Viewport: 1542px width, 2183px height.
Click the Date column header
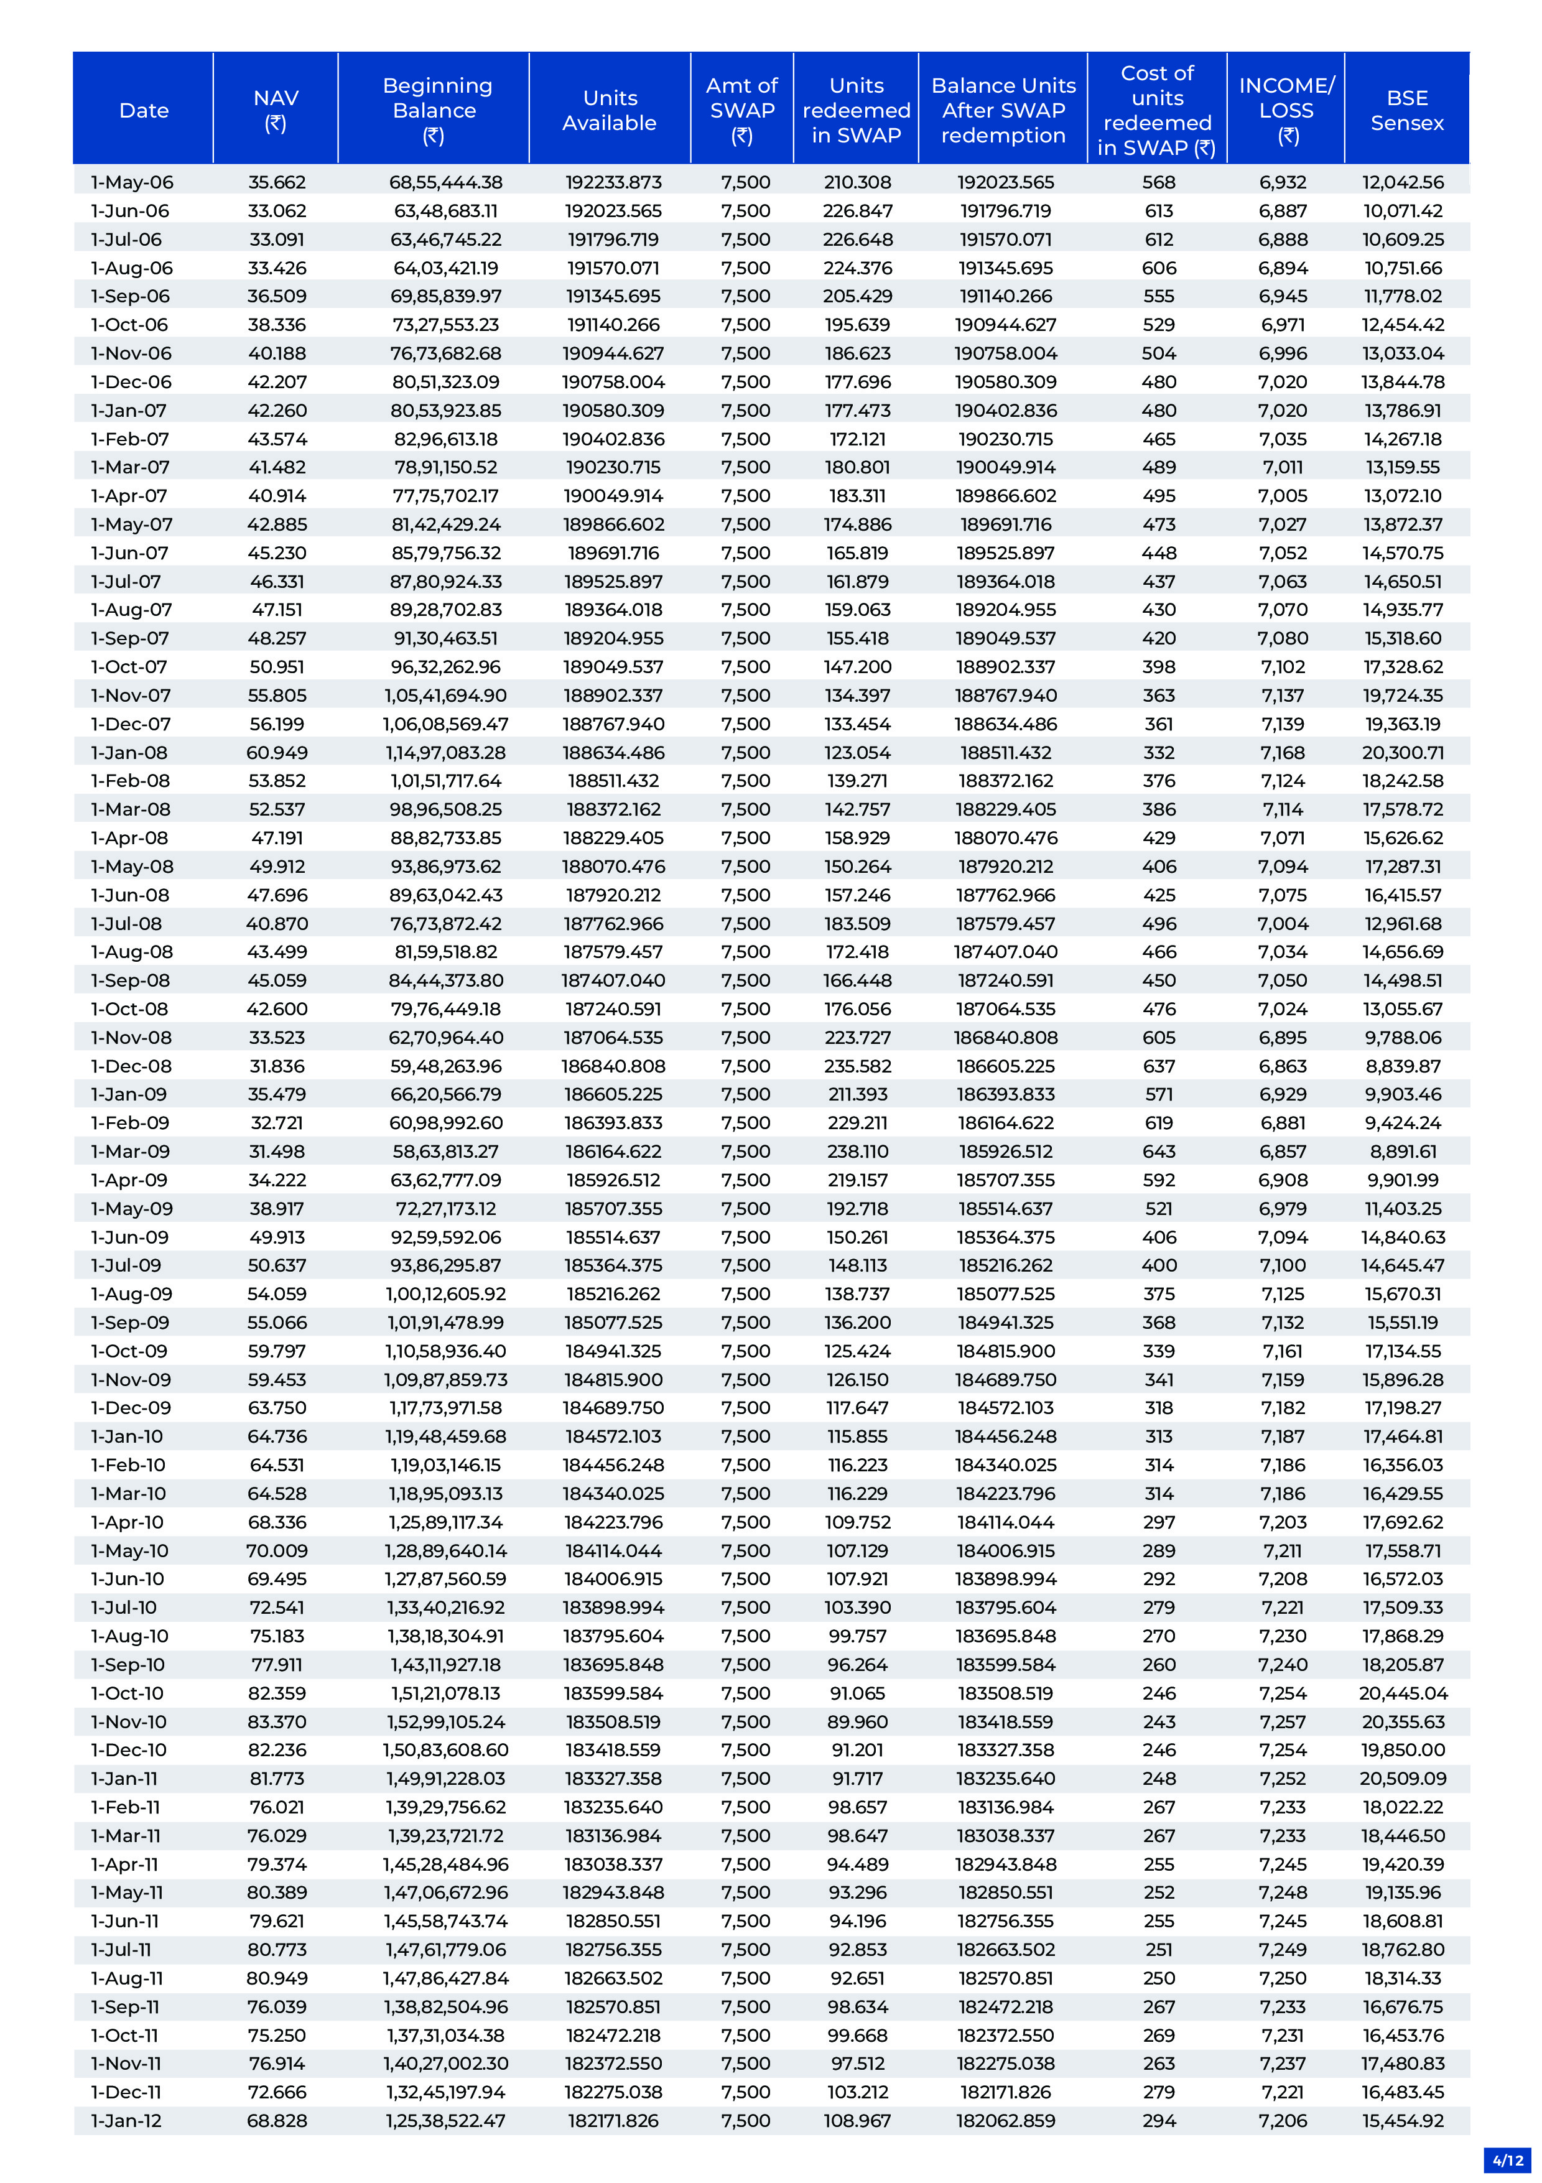click(144, 110)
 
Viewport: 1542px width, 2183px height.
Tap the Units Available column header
click(610, 110)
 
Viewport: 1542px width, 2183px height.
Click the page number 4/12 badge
click(1508, 2160)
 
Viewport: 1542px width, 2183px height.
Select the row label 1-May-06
click(131, 182)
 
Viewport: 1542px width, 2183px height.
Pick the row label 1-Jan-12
click(126, 2120)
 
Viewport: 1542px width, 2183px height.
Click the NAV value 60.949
click(277, 752)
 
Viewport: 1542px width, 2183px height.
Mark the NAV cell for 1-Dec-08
click(277, 1066)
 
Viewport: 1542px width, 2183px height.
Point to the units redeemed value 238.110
click(857, 1152)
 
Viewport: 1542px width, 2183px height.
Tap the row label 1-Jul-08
click(126, 923)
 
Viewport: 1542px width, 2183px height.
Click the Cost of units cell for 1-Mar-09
click(1158, 1152)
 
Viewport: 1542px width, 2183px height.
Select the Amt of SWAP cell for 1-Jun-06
click(745, 211)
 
